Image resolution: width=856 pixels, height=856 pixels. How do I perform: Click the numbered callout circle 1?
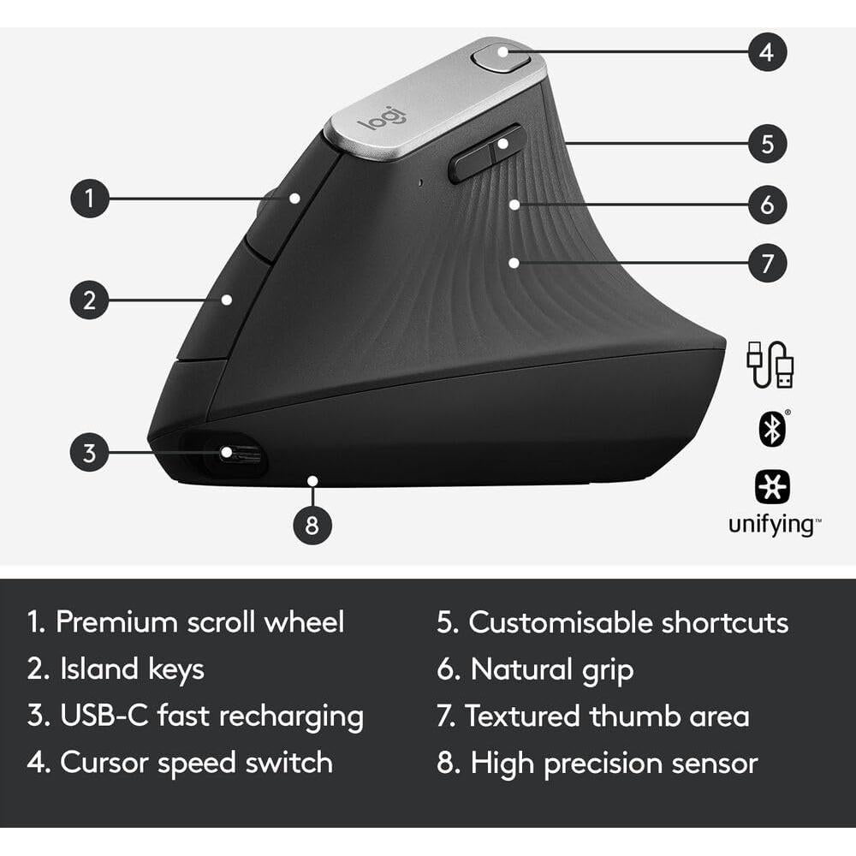coord(89,199)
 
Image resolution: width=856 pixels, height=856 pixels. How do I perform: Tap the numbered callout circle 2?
coord(89,300)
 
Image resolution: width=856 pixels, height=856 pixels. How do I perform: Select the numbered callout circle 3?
coord(89,452)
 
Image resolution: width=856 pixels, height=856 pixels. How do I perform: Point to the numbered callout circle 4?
coord(766,52)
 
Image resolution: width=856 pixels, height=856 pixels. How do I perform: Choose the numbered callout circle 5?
coord(766,143)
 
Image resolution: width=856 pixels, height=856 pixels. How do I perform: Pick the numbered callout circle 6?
coord(766,205)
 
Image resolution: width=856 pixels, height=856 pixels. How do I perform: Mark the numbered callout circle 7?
coord(766,263)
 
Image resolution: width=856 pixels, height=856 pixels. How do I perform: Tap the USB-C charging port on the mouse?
coord(227,453)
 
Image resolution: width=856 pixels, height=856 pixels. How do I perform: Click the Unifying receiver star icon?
coord(771,486)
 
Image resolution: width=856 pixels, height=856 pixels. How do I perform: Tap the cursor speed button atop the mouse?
coord(501,58)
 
